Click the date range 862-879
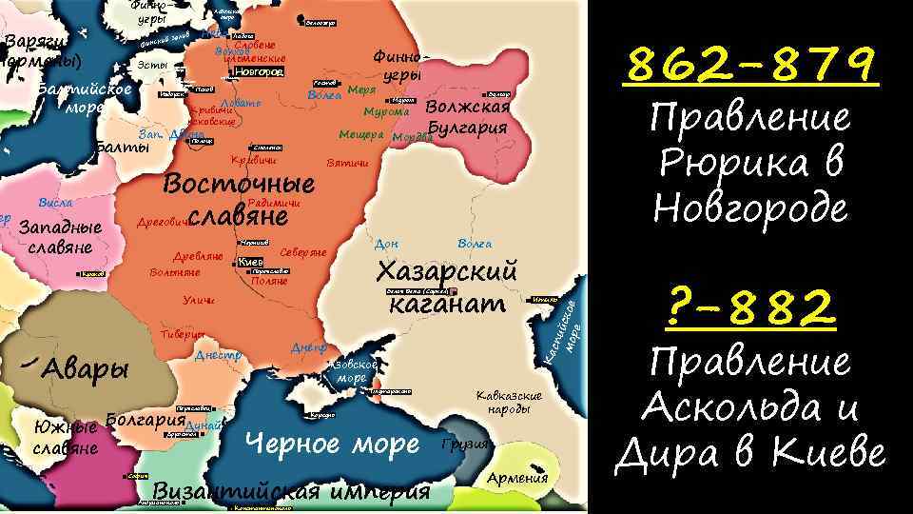[x=751, y=66]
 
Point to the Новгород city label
[x=258, y=71]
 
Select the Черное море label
[x=332, y=444]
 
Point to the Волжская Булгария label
[x=469, y=117]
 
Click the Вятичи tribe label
[x=346, y=164]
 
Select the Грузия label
[x=466, y=445]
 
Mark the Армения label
[x=517, y=478]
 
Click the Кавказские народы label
[x=509, y=402]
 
